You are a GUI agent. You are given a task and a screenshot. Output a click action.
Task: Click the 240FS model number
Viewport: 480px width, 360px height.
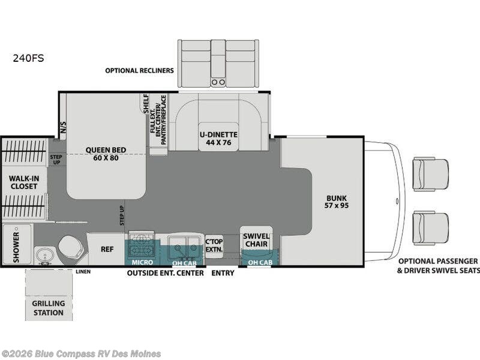point(28,58)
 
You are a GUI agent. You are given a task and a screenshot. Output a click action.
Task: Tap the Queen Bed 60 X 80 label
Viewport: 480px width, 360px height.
point(106,154)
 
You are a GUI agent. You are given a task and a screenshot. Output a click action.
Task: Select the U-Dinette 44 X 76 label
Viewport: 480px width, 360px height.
point(218,139)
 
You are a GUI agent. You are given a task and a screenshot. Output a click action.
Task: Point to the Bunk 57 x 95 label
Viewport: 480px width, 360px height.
point(337,202)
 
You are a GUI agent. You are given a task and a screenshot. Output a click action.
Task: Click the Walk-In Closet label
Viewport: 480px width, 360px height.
point(24,182)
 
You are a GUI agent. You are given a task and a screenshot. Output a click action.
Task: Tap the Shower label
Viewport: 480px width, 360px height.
point(16,247)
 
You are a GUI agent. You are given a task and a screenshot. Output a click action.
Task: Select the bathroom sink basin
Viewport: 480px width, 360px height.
point(44,254)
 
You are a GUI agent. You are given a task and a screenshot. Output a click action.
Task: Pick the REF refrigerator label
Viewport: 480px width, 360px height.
point(107,249)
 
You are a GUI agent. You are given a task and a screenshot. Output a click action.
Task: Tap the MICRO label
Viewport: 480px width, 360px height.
point(142,262)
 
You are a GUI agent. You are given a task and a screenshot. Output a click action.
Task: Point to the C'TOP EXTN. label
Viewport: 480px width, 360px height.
point(214,245)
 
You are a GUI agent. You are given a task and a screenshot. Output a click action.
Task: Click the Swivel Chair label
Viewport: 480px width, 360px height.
point(256,241)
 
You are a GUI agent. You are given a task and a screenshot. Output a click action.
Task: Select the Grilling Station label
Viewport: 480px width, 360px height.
point(49,308)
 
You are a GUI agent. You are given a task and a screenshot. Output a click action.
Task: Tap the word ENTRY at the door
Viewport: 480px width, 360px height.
point(223,273)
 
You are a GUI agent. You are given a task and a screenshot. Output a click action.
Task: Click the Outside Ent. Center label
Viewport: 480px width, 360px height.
point(166,273)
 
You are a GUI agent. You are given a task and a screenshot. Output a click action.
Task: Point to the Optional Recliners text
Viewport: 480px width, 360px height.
point(139,70)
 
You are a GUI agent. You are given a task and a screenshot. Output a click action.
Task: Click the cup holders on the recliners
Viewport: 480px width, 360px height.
point(218,82)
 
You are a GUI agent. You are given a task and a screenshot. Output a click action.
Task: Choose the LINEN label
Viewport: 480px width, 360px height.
point(83,272)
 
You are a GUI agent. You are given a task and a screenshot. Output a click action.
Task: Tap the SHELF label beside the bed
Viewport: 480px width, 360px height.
point(146,103)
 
